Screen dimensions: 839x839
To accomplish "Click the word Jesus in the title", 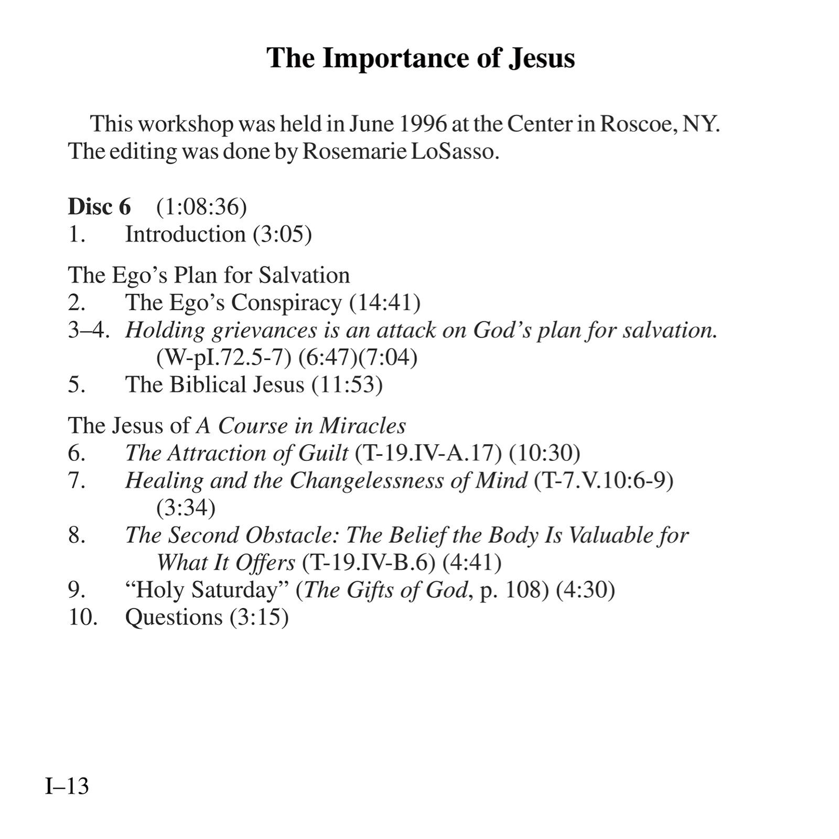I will pos(542,58).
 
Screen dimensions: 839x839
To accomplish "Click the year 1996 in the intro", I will pos(423,124).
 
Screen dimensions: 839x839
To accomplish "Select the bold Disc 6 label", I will pos(99,207).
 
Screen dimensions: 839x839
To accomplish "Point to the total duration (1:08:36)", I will pos(201,207).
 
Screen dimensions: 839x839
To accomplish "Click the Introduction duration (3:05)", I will pos(282,234).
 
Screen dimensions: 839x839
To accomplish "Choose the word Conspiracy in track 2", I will pos(286,303).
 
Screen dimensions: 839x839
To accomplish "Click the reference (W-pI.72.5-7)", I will pos(224,358).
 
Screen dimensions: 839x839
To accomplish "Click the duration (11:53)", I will pos(347,385).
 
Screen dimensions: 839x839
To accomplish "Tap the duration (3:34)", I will pos(186,508).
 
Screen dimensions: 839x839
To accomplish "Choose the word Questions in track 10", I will pos(174,617).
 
